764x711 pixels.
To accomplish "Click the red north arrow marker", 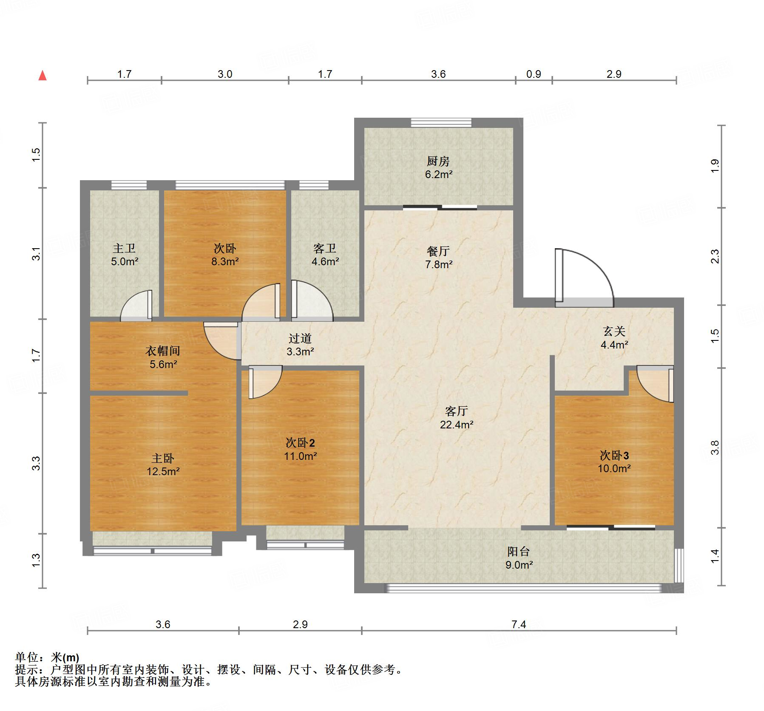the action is pyautogui.click(x=43, y=76).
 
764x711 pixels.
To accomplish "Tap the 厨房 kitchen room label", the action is pyautogui.click(x=438, y=161).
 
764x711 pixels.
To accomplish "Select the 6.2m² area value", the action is pyautogui.click(x=438, y=174).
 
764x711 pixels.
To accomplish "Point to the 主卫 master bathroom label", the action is pyautogui.click(x=124, y=248).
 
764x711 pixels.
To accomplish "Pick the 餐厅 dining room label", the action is pyautogui.click(x=438, y=251).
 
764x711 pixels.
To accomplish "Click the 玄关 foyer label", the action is pyautogui.click(x=614, y=331).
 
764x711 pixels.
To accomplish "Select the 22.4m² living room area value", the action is pyautogui.click(x=456, y=424).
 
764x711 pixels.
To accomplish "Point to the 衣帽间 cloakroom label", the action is pyautogui.click(x=163, y=351).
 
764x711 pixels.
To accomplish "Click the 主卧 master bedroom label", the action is pyautogui.click(x=163, y=458).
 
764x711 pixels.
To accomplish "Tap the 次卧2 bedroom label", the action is pyautogui.click(x=300, y=443).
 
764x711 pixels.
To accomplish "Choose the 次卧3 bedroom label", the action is pyautogui.click(x=614, y=456).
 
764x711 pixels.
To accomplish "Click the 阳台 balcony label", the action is pyautogui.click(x=519, y=552).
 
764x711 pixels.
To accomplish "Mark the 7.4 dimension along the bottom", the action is pyautogui.click(x=519, y=624).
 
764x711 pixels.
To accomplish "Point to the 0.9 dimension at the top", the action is pyautogui.click(x=534, y=74).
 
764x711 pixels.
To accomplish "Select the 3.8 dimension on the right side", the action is pyautogui.click(x=715, y=448).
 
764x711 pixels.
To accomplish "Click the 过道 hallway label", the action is pyautogui.click(x=300, y=338).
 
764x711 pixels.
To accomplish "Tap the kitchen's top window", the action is pyautogui.click(x=441, y=122).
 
